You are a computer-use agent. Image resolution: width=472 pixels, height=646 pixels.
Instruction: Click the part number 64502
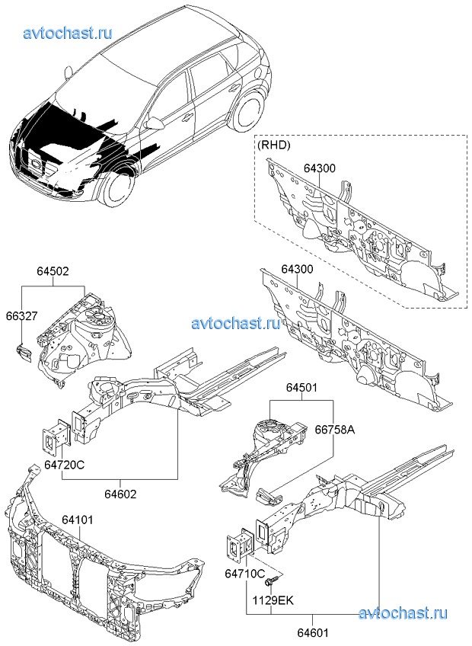tap(53, 270)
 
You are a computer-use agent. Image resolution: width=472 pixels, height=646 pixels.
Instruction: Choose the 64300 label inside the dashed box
tap(320, 168)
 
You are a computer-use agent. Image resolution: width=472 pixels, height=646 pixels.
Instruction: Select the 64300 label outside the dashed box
tap(297, 270)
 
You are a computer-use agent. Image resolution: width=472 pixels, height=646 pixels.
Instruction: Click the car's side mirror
tap(155, 123)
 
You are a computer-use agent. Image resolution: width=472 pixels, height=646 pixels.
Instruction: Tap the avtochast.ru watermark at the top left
tap(68, 33)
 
